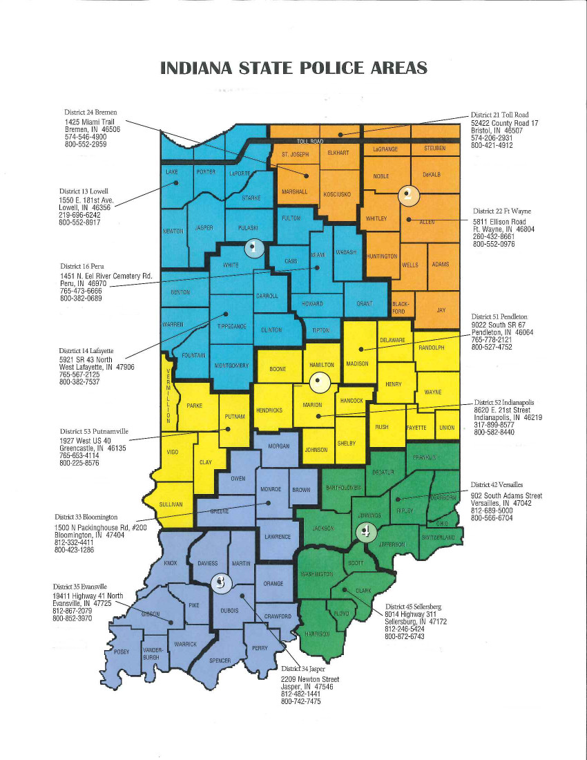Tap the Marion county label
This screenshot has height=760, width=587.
313,406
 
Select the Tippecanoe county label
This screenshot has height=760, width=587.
232,326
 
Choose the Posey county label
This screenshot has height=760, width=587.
122,652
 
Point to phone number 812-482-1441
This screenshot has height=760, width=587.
300,694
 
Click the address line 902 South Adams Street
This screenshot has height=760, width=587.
506,495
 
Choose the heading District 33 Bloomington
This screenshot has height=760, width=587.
86,517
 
